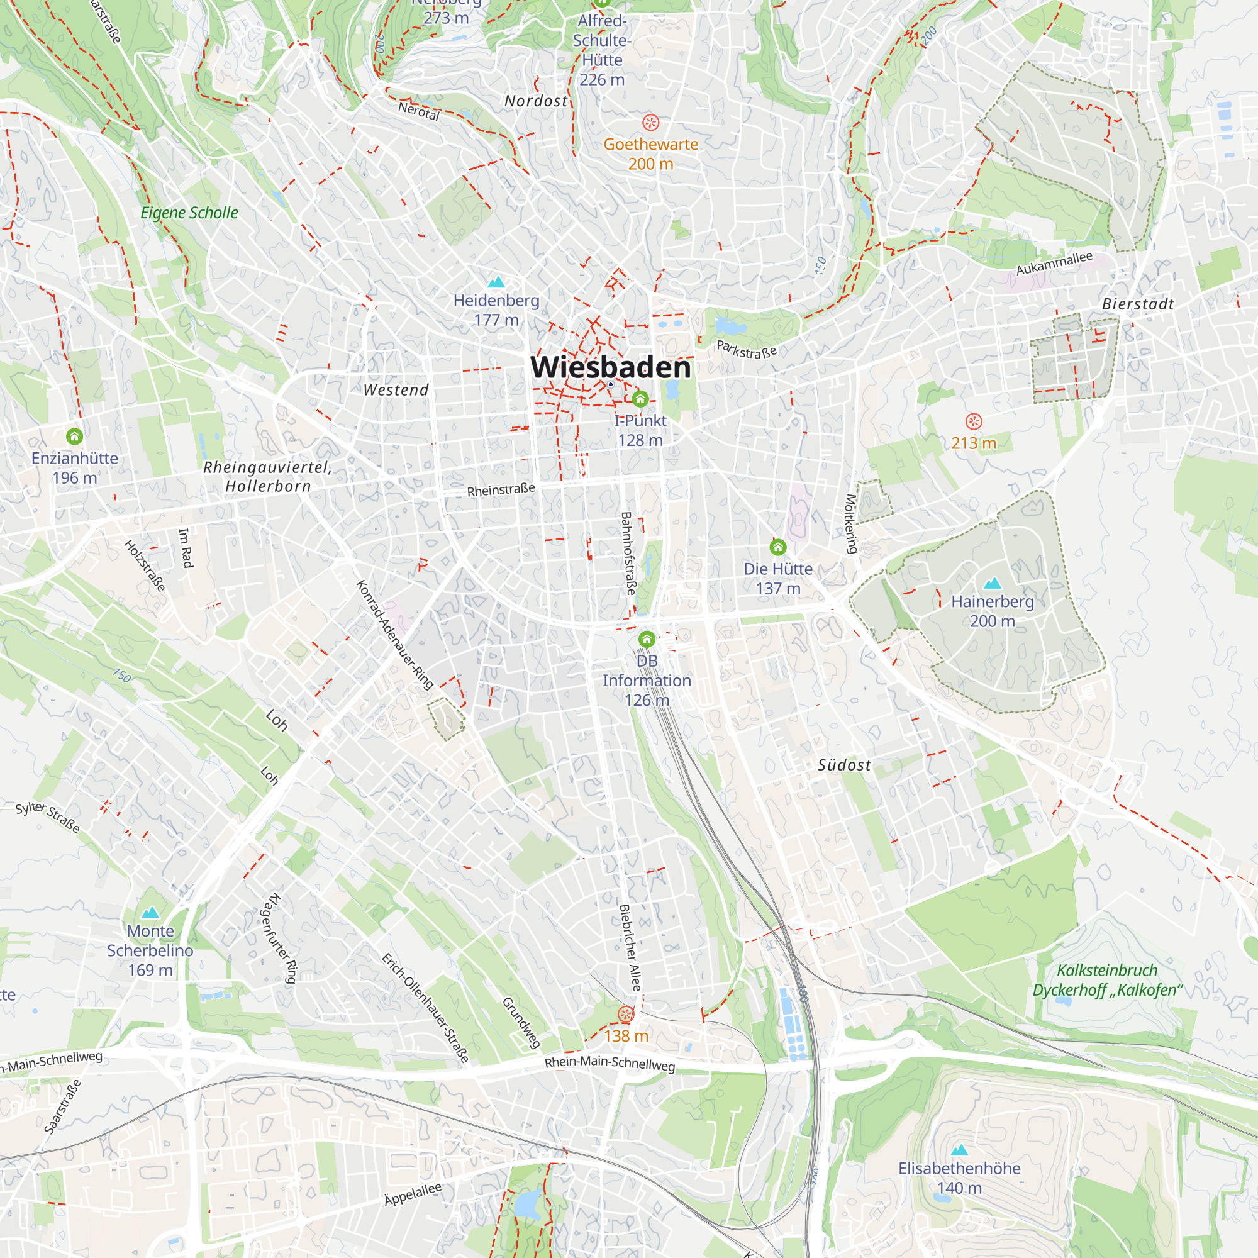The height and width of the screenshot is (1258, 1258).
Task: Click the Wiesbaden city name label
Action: (610, 367)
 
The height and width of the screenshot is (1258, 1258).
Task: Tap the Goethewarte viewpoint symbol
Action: (650, 123)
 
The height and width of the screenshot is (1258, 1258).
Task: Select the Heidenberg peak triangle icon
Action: (496, 282)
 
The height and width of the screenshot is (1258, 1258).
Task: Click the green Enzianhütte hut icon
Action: (74, 437)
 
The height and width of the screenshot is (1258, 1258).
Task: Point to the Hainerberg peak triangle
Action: (992, 583)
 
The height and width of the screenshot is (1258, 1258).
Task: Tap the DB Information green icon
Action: (647, 639)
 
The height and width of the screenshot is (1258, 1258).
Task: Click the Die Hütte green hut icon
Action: (777, 547)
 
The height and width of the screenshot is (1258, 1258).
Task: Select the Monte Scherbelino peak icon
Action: (150, 912)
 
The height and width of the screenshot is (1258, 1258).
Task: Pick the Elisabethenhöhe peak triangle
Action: (959, 1150)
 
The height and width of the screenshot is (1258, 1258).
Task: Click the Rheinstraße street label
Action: (501, 489)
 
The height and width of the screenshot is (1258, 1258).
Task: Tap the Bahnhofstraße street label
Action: (628, 553)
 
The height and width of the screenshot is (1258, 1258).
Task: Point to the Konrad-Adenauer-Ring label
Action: (394, 635)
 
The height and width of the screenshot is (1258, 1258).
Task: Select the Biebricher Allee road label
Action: (630, 947)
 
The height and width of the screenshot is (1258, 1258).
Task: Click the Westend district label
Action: (396, 390)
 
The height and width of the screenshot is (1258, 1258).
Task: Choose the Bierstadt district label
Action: (1137, 304)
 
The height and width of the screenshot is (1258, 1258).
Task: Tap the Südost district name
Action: (844, 765)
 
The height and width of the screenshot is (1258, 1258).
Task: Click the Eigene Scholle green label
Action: (189, 213)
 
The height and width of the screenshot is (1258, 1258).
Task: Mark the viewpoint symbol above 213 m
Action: (973, 421)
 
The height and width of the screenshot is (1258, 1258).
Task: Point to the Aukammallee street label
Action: (1054, 263)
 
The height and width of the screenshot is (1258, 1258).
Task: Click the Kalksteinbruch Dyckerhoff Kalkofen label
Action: (1107, 980)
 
